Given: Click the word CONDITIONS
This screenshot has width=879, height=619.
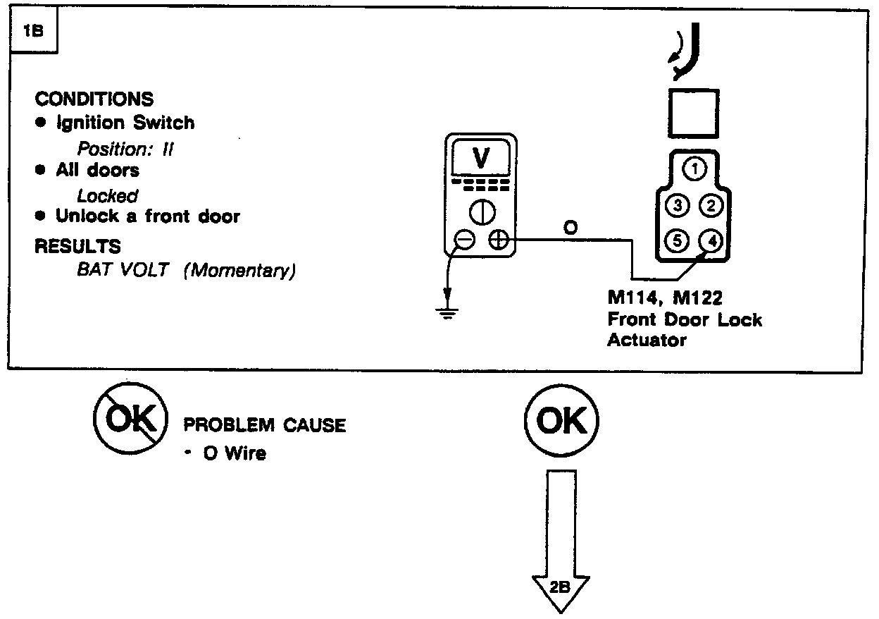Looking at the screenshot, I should (94, 99).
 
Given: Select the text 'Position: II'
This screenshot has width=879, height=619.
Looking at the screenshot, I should (125, 149).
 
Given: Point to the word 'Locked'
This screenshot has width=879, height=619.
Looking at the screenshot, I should (107, 195).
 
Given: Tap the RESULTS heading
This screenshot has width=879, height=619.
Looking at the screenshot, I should (77, 247).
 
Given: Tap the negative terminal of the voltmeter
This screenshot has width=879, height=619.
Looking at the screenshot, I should (464, 240).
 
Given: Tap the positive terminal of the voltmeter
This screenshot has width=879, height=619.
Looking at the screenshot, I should (499, 240).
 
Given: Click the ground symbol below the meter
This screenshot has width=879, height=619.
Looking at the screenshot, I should (445, 311).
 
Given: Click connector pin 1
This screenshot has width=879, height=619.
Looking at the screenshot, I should (695, 168).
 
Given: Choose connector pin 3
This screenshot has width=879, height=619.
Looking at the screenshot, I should (678, 205).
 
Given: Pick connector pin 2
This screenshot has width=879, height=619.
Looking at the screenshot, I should (711, 205).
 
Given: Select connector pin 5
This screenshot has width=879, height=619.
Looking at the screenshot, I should (678, 240).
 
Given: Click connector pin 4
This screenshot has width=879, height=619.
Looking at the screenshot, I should (711, 240).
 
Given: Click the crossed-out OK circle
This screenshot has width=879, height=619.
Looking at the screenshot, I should (131, 421).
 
